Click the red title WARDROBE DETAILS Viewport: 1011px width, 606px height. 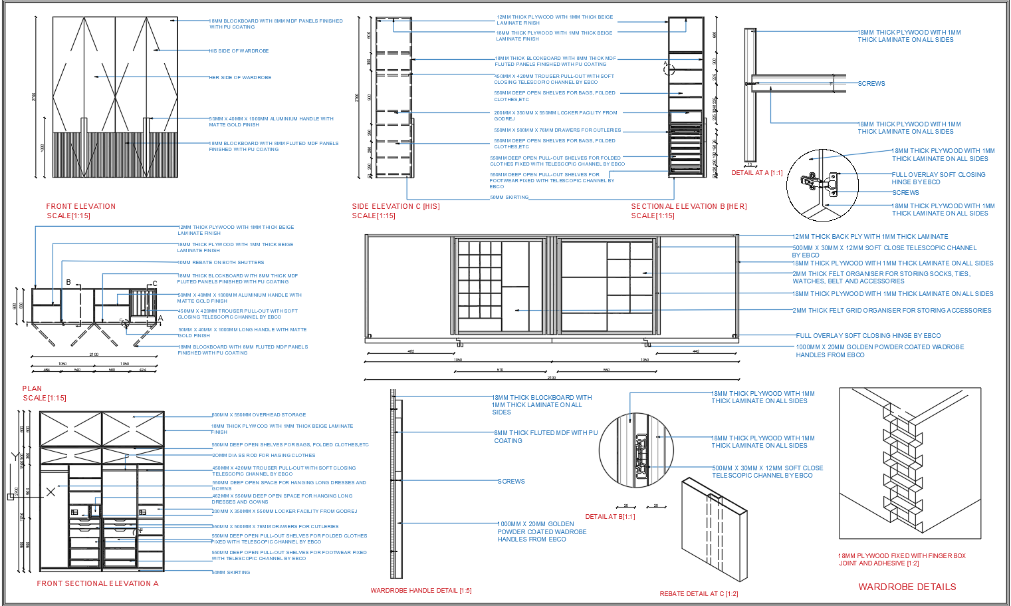(907, 587)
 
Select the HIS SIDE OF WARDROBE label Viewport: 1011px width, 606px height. (239, 51)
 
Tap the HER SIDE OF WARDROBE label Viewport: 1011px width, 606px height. (241, 78)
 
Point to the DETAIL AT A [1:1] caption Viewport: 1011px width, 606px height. (757, 173)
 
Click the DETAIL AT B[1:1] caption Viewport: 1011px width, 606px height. (610, 517)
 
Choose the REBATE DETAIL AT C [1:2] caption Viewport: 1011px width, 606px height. (699, 594)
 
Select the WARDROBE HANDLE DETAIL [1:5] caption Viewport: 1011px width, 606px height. (421, 591)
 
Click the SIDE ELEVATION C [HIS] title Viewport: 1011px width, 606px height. (395, 207)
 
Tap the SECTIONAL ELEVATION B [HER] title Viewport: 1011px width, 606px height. (689, 207)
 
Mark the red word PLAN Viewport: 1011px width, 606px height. (32, 389)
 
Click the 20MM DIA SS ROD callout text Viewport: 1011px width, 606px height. (264, 456)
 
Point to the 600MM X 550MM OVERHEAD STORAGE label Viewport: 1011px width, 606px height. (259, 415)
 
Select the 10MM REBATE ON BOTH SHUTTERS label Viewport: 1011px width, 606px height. (221, 263)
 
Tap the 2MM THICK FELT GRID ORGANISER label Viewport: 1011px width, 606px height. (891, 311)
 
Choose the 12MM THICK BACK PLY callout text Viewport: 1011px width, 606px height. (870, 237)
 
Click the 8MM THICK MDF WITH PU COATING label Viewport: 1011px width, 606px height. (546, 436)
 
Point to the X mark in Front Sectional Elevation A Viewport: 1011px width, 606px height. (51, 492)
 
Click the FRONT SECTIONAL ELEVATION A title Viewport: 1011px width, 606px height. (98, 584)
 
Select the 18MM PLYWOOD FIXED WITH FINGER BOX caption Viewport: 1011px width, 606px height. (902, 559)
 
